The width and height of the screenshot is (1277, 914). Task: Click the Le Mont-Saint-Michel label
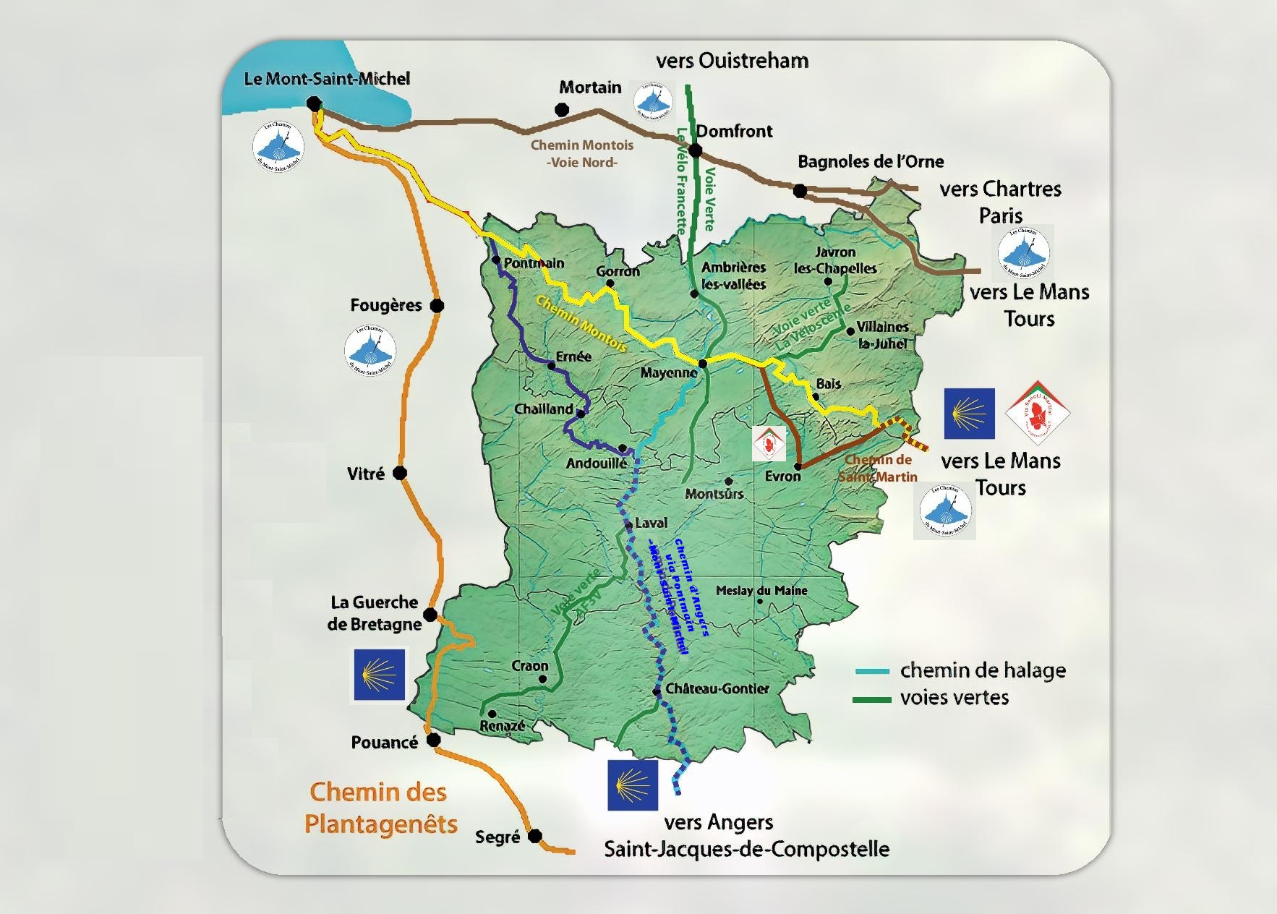coord(327,79)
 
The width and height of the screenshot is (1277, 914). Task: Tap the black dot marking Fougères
coord(437,306)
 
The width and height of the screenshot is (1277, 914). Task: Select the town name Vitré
coord(366,474)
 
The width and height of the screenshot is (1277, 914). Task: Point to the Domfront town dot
coord(695,150)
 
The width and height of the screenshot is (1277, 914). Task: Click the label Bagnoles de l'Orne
coord(871,161)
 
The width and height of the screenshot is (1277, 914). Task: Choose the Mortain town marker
coord(562,109)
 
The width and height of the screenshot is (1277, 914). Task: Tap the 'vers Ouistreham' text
coord(732,61)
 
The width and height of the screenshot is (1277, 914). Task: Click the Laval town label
coord(651,523)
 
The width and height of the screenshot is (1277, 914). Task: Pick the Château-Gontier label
coord(717,688)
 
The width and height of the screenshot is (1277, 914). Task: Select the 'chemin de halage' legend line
coord(872,672)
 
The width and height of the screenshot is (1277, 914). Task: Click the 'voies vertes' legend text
coord(954,698)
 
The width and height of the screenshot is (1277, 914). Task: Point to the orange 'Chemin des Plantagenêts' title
coord(380,808)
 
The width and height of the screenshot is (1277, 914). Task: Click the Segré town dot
coord(534,837)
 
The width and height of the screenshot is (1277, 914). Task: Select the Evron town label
coord(782,477)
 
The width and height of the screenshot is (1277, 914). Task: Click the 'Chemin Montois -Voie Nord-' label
coord(582,153)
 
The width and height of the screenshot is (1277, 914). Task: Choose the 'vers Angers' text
coord(719,822)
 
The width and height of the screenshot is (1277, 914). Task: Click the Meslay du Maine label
coord(761,590)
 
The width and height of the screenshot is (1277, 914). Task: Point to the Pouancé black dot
coord(433,740)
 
